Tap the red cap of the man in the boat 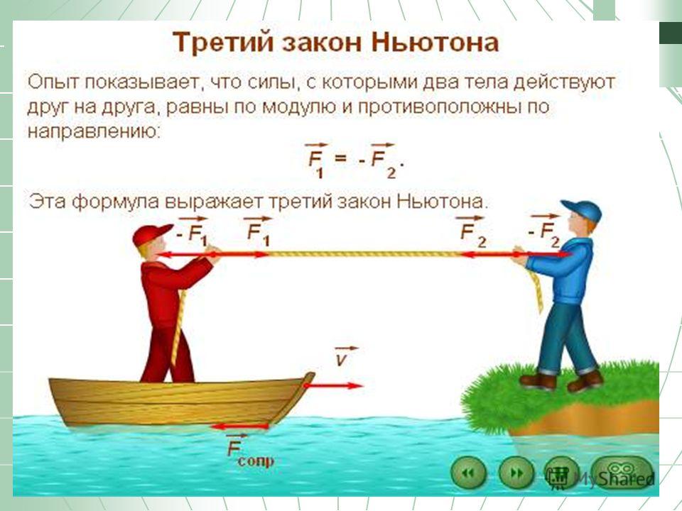[151, 234]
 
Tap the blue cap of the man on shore [583, 210]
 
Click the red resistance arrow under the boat [239, 427]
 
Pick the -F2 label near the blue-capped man [543, 229]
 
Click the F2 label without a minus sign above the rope [472, 231]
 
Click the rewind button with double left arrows [468, 473]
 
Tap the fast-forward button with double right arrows [516, 473]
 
